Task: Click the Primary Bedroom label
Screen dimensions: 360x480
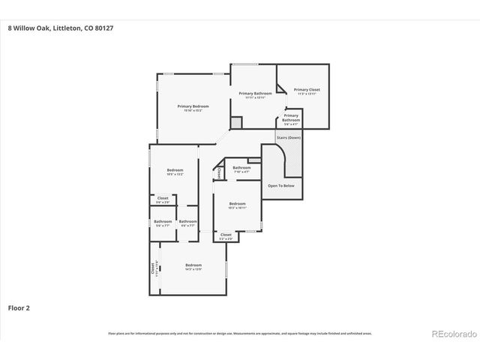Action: (x=193, y=106)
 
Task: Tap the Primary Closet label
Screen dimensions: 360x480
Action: (x=307, y=89)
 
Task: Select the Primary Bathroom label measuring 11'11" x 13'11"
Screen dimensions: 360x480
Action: (x=255, y=93)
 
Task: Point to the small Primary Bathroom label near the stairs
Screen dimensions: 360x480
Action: (x=291, y=117)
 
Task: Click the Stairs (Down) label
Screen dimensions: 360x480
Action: (x=289, y=138)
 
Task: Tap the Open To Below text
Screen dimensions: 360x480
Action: (x=281, y=185)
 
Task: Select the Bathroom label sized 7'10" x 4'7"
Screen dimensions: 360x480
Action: (x=241, y=168)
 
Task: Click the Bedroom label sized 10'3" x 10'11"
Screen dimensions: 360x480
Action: (x=237, y=204)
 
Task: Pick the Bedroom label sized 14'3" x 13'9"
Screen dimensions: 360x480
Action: (x=193, y=265)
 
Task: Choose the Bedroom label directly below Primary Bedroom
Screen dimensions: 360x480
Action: (x=174, y=170)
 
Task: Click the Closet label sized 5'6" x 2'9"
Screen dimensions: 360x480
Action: (x=163, y=199)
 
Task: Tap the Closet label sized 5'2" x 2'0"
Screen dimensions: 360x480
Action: (x=226, y=235)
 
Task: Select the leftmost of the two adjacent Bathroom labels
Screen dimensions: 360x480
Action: (x=163, y=221)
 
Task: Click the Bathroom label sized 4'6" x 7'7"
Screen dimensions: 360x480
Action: (x=187, y=221)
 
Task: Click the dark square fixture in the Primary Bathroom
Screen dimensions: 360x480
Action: (x=236, y=121)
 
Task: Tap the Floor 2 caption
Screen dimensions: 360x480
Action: (x=19, y=307)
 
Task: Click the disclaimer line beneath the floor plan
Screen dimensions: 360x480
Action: (x=240, y=333)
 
